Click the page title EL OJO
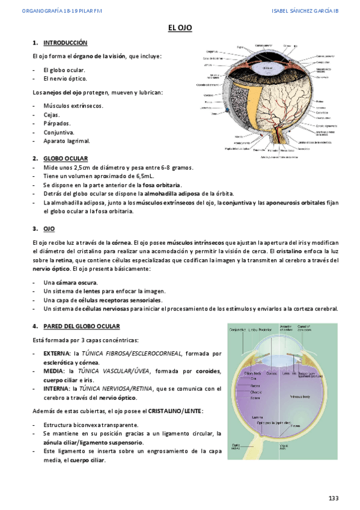click(180, 28)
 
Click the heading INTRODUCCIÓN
click(65, 43)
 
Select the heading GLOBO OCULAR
click(66, 158)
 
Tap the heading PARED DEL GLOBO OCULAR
click(82, 326)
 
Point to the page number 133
click(334, 499)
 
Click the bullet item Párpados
click(56, 123)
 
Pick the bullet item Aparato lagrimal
click(66, 141)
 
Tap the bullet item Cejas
click(52, 114)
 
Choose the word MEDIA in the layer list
click(53, 372)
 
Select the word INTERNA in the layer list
click(56, 389)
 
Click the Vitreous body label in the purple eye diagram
click(299, 396)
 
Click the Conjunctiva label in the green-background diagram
click(239, 329)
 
